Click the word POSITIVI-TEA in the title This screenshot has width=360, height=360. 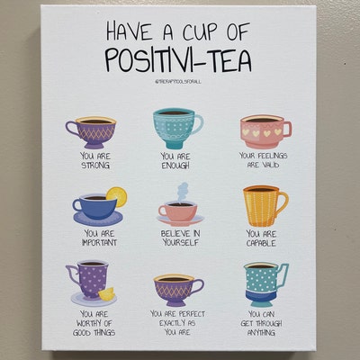coord(179,59)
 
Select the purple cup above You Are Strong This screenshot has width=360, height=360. coord(91,130)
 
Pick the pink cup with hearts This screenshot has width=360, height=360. coord(264,131)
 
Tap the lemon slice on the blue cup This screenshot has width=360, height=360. coord(116,196)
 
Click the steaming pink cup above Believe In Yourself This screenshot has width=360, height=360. coord(177,212)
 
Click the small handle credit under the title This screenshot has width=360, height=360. coord(178,82)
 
